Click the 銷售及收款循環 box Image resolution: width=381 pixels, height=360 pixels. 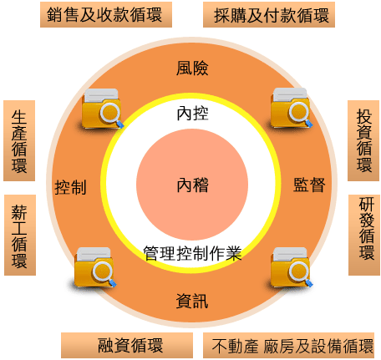[x=106, y=14]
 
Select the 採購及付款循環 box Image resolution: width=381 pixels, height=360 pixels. [x=269, y=14]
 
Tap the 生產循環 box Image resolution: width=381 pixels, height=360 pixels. [x=19, y=140]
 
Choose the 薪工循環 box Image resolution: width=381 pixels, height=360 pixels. [x=20, y=235]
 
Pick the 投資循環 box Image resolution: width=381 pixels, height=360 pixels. [x=363, y=140]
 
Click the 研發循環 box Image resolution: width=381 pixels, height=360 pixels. [x=364, y=235]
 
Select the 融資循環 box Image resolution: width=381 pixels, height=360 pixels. [x=127, y=345]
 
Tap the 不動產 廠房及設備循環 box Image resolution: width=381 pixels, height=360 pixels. [x=288, y=345]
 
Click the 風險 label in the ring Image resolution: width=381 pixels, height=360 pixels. [x=192, y=68]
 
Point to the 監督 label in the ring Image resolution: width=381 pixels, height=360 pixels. [x=309, y=185]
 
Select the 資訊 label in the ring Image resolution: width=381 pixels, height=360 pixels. [x=192, y=302]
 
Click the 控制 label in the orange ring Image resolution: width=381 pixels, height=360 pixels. [x=70, y=187]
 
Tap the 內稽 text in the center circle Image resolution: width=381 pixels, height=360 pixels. [x=192, y=185]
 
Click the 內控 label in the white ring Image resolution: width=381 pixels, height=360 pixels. [x=192, y=114]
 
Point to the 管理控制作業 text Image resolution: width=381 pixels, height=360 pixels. [x=192, y=253]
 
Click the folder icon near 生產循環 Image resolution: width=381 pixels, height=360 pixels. [x=102, y=109]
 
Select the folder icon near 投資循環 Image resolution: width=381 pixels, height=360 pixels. [x=292, y=108]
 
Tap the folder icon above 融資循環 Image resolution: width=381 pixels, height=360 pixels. [x=95, y=267]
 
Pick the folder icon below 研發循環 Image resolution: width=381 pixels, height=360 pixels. [x=292, y=267]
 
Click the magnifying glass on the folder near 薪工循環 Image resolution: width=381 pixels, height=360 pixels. [x=104, y=274]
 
